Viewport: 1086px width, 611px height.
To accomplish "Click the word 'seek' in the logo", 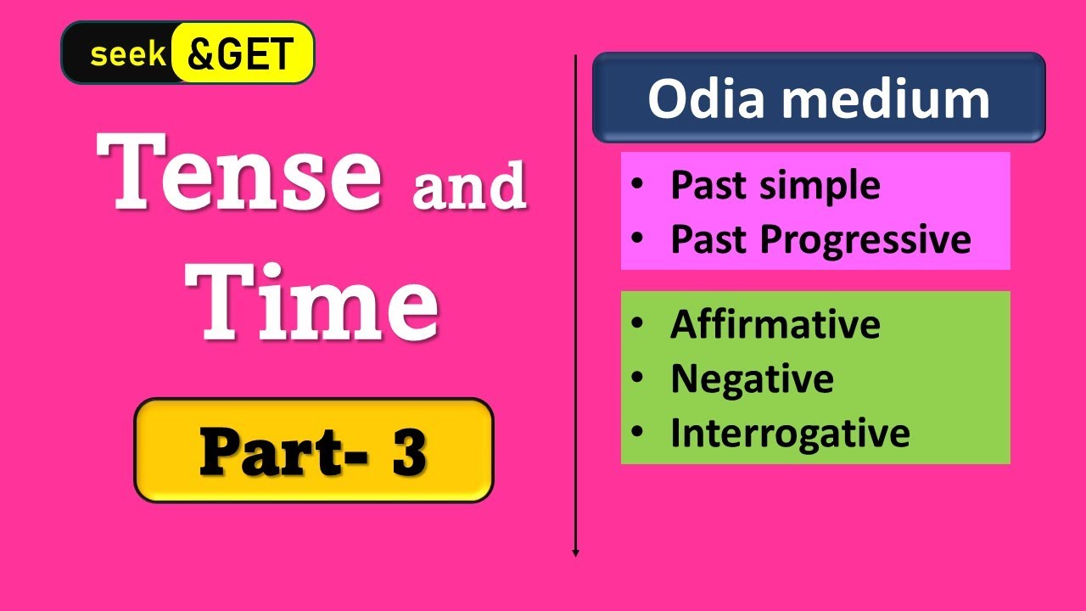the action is pyautogui.click(x=128, y=53).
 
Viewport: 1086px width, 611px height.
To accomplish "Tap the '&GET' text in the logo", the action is pyautogui.click(x=240, y=53).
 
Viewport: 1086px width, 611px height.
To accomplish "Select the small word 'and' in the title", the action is pyautogui.click(x=469, y=185).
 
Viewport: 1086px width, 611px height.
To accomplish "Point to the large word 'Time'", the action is pyautogui.click(x=311, y=303).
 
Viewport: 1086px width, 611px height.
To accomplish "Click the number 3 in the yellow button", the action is pyautogui.click(x=409, y=452).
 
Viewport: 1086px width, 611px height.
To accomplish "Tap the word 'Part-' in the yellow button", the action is pyautogui.click(x=283, y=452).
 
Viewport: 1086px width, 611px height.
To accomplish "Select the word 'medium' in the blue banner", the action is pyautogui.click(x=885, y=100).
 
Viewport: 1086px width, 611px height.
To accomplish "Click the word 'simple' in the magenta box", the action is pyautogui.click(x=820, y=186).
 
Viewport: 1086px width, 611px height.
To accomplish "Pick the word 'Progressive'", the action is pyautogui.click(x=865, y=240).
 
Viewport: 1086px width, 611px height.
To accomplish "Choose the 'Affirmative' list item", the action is pyautogui.click(x=775, y=324).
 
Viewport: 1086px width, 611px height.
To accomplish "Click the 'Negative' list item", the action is pyautogui.click(x=752, y=379).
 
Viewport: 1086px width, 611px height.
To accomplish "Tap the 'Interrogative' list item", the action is pyautogui.click(x=790, y=433).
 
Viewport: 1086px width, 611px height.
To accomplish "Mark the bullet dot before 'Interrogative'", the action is pyautogui.click(x=637, y=431).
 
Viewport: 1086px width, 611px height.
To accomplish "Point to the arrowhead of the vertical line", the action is pyautogui.click(x=575, y=554).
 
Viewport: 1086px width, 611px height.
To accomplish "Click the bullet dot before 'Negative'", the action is pyautogui.click(x=637, y=377).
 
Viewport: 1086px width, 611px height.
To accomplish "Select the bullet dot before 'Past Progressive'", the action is pyautogui.click(x=637, y=238).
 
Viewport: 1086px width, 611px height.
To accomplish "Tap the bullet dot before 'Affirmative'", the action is pyautogui.click(x=637, y=322).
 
